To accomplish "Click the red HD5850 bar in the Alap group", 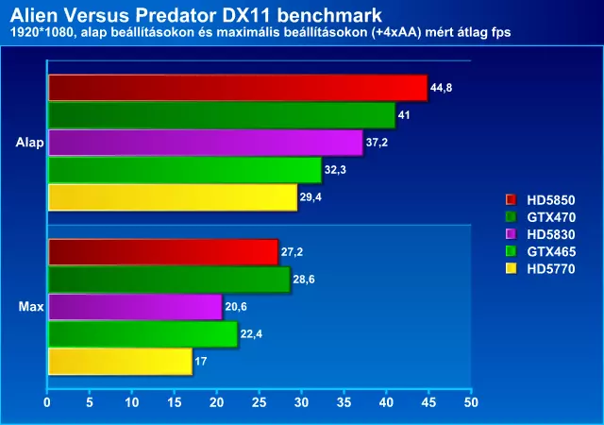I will [236, 88].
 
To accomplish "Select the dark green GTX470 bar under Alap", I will [221, 115].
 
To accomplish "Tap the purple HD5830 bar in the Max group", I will [134, 307].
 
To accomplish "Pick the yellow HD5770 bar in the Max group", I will [119, 362].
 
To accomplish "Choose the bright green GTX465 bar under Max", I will [142, 334].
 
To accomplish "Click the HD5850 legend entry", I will [545, 199].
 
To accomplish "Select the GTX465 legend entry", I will [545, 250].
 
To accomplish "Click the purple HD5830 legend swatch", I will [511, 233].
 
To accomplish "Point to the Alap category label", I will [29, 143].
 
